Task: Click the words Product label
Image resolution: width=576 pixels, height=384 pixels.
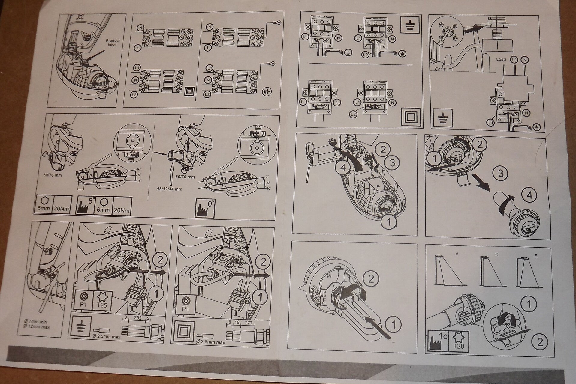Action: point(113,43)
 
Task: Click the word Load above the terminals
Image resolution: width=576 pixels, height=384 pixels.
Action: point(501,59)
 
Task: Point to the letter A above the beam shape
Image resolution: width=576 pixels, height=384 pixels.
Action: point(457,254)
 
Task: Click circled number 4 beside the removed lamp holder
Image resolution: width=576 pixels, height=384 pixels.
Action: point(530,195)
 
